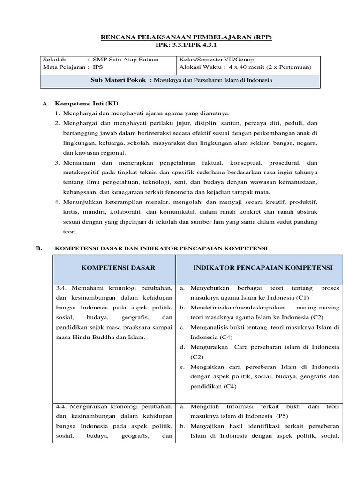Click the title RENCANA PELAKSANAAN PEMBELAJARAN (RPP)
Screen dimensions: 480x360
tap(180, 37)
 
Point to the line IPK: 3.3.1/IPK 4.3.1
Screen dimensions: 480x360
tap(180, 45)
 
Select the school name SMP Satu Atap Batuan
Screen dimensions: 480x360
tap(126, 60)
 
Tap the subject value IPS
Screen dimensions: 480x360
tap(97, 67)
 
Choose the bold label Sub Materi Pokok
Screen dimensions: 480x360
tap(119, 80)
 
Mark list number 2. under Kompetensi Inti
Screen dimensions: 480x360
tap(57, 123)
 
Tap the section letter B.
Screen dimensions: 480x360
tap(38, 248)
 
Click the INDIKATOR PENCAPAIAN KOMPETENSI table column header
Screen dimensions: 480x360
tap(262, 267)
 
